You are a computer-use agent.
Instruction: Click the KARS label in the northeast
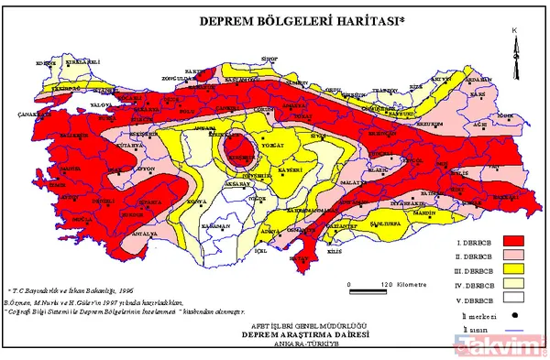click(x=476, y=94)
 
